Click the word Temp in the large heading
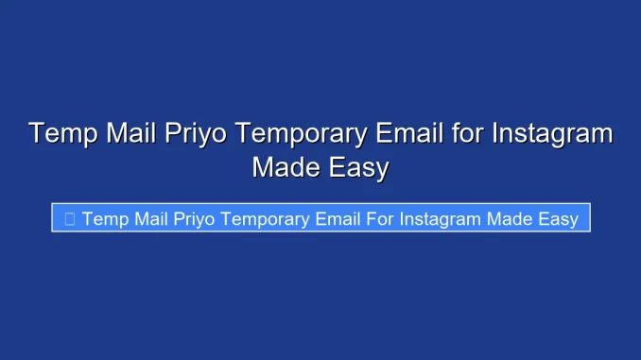tap(62, 133)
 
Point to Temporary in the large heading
tap(301, 133)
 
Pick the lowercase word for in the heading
tap(465, 133)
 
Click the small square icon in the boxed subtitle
tap(69, 219)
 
